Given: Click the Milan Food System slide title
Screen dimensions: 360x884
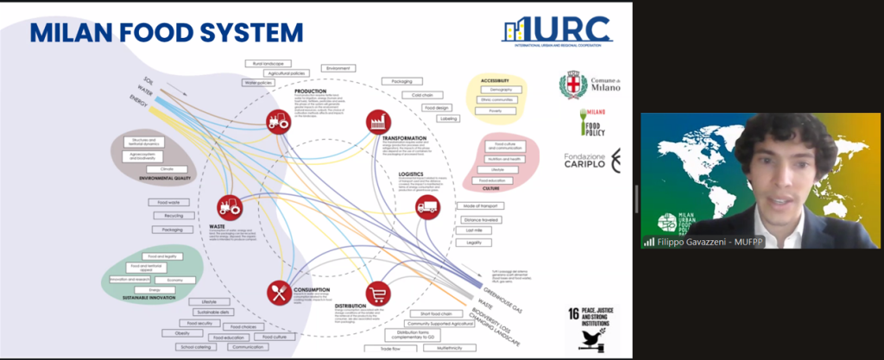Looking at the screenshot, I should [x=166, y=33].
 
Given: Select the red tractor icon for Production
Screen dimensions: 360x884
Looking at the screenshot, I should [x=277, y=122].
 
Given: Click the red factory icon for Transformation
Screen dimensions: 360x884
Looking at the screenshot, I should [x=377, y=123].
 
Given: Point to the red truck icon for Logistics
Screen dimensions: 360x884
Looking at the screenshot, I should [x=427, y=205].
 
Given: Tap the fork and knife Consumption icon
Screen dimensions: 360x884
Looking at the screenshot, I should [x=278, y=293].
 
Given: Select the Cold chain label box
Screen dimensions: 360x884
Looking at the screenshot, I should [x=422, y=95].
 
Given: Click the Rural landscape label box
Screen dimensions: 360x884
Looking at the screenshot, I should [x=268, y=63].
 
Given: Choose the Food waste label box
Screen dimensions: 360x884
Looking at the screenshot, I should [x=168, y=203].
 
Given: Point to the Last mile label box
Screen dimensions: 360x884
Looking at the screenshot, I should [x=473, y=231].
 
